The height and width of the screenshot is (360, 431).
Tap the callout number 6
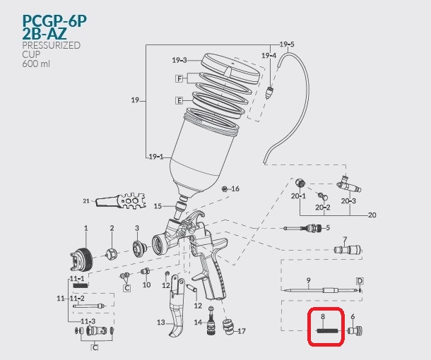(x=353, y=317)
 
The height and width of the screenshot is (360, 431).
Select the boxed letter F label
(x=179, y=79)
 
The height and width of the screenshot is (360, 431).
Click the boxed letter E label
(x=179, y=100)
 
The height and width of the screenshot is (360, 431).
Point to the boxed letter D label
(x=360, y=281)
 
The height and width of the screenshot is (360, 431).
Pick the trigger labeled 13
(x=176, y=306)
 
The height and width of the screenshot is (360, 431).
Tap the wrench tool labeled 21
(x=121, y=202)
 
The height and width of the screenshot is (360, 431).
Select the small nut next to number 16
(x=225, y=188)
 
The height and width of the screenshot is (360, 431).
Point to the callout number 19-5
(x=287, y=44)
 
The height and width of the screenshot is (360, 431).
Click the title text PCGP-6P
(x=54, y=20)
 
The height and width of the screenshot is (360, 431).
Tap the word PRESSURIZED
(x=51, y=45)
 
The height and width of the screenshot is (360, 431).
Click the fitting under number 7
(x=348, y=250)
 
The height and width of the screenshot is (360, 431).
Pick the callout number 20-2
(x=322, y=208)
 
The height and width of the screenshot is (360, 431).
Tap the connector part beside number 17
(x=228, y=327)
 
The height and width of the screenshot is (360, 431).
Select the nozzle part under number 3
(x=138, y=248)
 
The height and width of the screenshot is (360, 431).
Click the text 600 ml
(x=36, y=64)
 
